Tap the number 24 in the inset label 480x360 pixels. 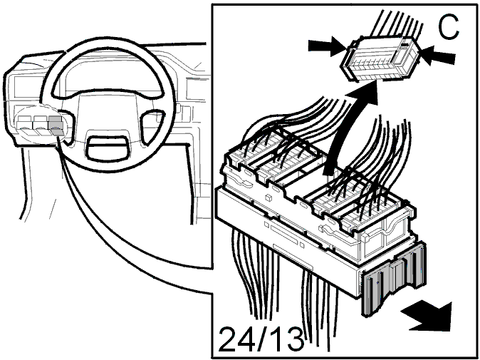238,339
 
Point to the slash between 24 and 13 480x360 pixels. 263,339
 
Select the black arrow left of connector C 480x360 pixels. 328,46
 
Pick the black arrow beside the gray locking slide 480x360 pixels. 427,317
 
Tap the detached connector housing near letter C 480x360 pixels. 380,59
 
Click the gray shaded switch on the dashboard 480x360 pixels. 56,125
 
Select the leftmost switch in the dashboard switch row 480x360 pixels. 24,125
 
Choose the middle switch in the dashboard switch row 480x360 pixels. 40,125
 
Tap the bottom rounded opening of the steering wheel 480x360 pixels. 107,148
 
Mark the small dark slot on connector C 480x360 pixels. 405,45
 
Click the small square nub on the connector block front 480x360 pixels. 268,197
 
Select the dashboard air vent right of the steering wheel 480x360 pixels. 195,89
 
